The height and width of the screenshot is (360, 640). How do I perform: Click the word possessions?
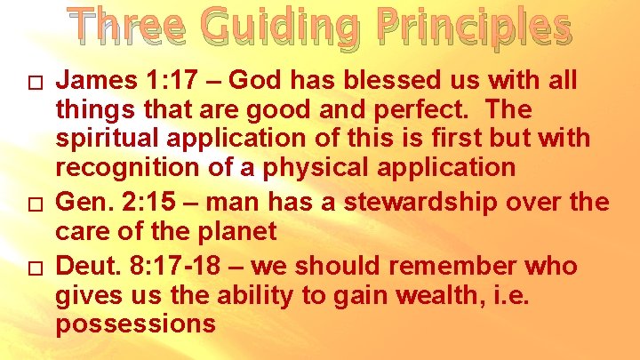135,324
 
